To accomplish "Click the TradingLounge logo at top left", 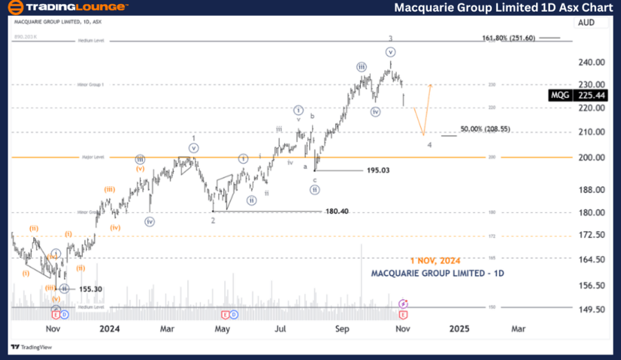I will (x=67, y=8).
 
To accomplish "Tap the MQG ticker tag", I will (x=560, y=96).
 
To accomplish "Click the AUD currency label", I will (x=586, y=22).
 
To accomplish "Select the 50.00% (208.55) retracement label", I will (x=485, y=129).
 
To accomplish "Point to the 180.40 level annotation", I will (x=338, y=211).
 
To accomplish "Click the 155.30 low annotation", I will (x=90, y=289).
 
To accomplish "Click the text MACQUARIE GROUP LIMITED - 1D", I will (x=437, y=273).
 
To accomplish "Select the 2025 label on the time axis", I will (x=459, y=329).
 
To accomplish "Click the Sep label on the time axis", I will (x=342, y=329).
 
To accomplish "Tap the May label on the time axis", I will (x=222, y=329).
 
